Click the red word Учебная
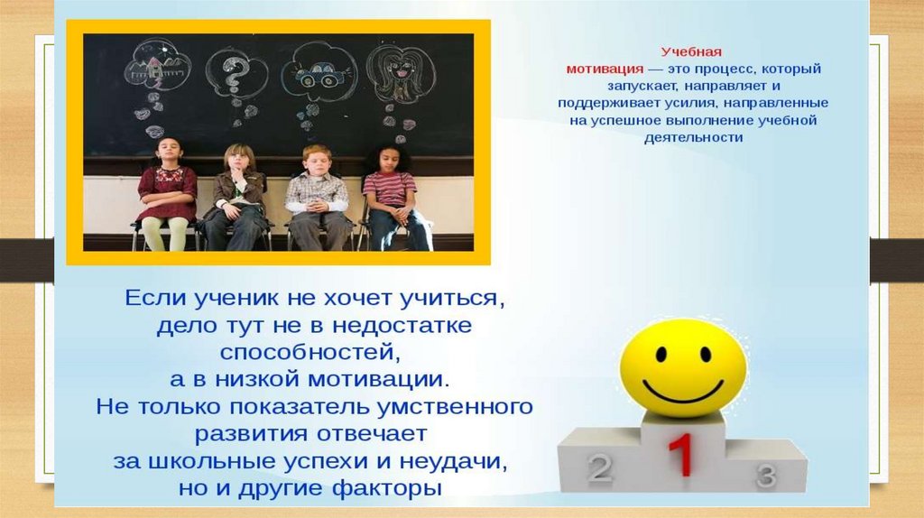(x=691, y=51)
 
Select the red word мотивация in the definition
(x=605, y=69)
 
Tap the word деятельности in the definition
(x=693, y=138)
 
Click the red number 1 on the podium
(x=681, y=454)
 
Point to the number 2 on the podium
(x=600, y=467)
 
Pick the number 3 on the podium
(x=766, y=476)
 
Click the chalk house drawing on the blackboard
(x=157, y=65)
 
